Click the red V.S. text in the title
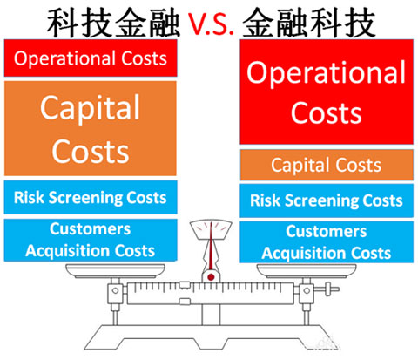(x=211, y=24)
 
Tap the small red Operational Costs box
(x=91, y=58)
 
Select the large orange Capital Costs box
(x=91, y=128)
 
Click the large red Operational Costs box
(x=327, y=92)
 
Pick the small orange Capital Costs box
(x=327, y=165)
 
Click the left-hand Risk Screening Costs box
(x=91, y=197)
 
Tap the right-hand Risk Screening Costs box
(x=327, y=200)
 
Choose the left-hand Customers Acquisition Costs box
(x=91, y=240)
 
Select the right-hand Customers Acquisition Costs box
(x=327, y=242)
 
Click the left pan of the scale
(x=115, y=271)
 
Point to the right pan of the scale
(x=307, y=271)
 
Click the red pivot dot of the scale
(x=211, y=277)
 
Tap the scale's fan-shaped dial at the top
(x=211, y=228)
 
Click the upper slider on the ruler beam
(x=185, y=284)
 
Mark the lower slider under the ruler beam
(x=185, y=302)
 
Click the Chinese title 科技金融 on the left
(x=113, y=23)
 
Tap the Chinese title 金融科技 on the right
(x=309, y=23)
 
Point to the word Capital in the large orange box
(x=91, y=108)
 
